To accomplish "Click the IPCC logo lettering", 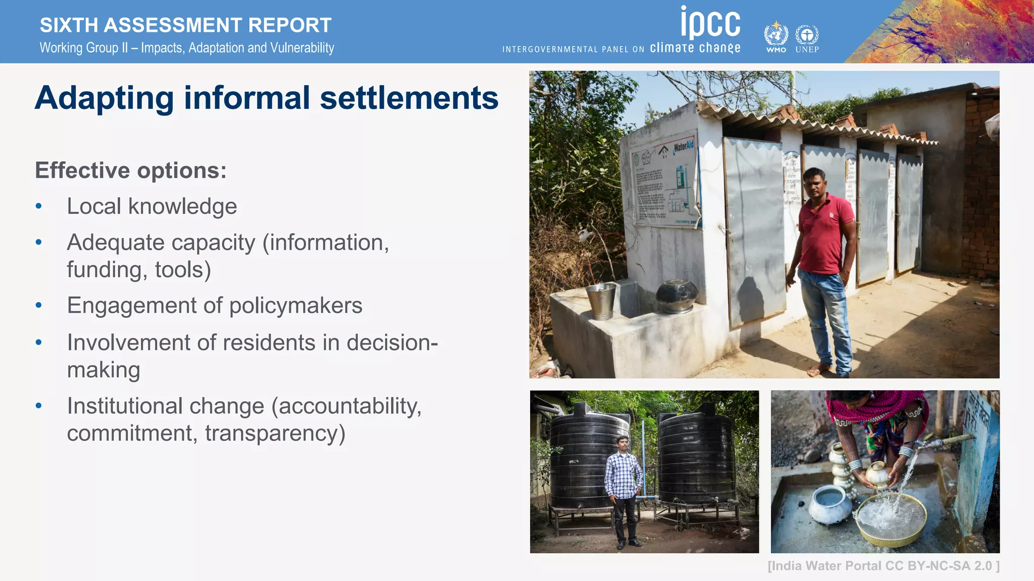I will (710, 23).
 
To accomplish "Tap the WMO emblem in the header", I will (776, 36).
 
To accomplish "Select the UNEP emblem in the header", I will (807, 36).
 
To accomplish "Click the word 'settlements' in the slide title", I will (409, 98).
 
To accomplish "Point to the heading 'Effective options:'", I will (131, 170).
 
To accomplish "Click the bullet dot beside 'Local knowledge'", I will (39, 206).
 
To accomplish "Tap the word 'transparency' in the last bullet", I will (275, 433).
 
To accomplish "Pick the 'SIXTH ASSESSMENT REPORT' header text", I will (185, 25).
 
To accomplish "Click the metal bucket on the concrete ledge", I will (601, 301).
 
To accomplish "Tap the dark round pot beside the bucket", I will (677, 296).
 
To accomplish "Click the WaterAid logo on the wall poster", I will (684, 147).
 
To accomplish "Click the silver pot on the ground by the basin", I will (831, 504).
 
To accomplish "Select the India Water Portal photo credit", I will (883, 566).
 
